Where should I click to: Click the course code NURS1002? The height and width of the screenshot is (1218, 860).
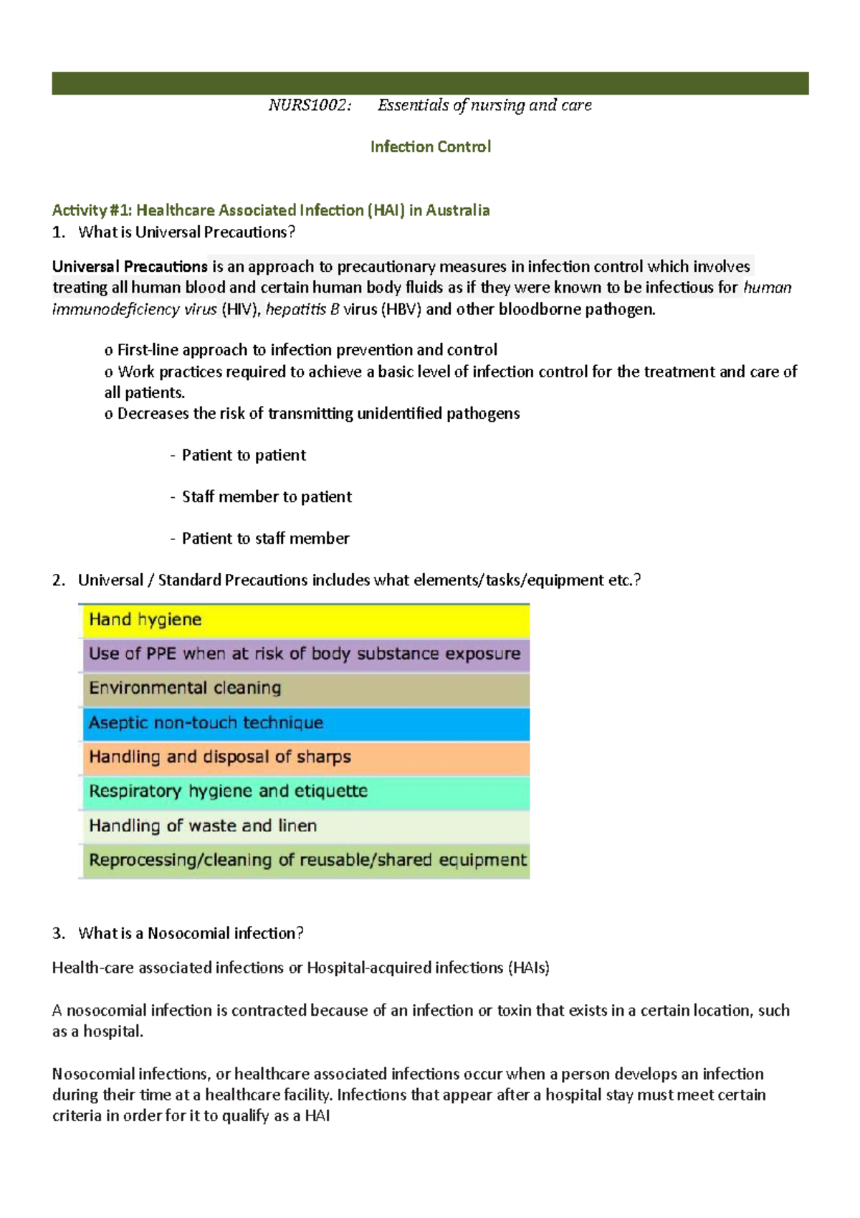[310, 105]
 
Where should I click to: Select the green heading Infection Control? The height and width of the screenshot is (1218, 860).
[430, 147]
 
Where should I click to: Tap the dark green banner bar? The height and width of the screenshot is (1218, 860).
[430, 83]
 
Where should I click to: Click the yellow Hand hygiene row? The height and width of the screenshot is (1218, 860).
[305, 620]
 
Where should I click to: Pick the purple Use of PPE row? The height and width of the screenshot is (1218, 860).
[305, 654]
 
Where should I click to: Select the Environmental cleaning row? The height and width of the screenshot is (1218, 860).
[305, 689]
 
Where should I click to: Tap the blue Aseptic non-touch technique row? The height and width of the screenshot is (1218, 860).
[305, 723]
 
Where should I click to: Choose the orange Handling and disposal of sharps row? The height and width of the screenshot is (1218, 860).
[305, 757]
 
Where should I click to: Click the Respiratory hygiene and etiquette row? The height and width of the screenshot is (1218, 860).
[305, 792]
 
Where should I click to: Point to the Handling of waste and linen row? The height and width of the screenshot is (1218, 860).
[305, 826]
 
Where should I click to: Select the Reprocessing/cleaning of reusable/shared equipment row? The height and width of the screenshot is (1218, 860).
[305, 860]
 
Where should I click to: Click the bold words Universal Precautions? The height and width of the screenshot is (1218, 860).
[130, 267]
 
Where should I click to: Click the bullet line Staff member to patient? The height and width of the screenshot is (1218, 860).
[266, 497]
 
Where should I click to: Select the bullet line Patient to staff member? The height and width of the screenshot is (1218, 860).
[265, 539]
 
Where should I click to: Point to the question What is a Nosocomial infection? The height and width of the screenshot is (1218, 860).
[191, 933]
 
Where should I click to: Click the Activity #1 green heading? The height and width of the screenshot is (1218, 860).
[270, 210]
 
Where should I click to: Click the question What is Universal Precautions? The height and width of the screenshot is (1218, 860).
[186, 232]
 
